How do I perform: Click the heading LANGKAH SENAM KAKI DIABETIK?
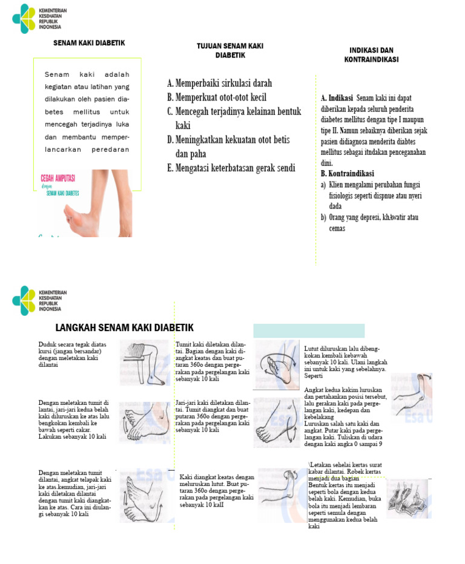124,328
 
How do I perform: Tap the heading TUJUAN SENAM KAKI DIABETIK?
229,50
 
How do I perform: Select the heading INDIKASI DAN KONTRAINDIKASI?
371,54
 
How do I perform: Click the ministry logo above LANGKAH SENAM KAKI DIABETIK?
25,300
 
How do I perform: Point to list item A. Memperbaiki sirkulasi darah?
219,83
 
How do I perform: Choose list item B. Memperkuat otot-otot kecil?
216,97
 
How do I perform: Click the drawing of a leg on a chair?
144,362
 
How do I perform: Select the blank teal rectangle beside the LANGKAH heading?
309,330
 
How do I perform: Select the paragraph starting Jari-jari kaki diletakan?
213,416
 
